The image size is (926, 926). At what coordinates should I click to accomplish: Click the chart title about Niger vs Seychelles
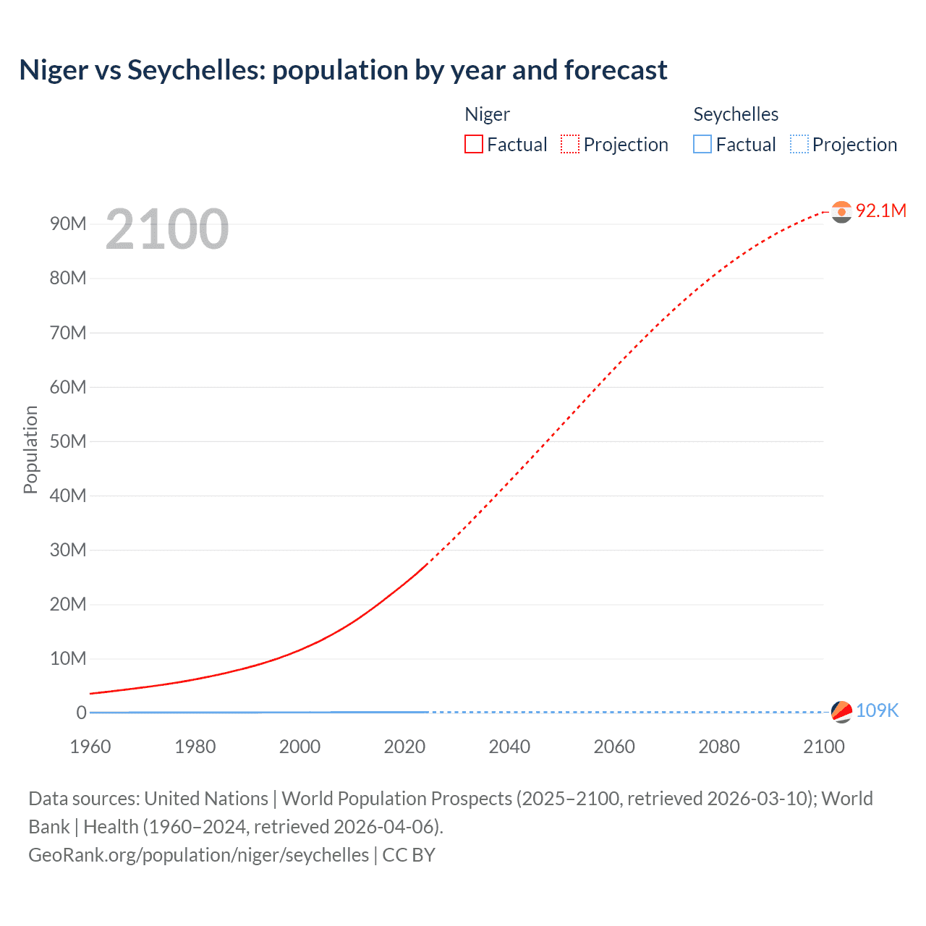coord(343,70)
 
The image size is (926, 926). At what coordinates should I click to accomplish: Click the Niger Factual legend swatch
coord(474,144)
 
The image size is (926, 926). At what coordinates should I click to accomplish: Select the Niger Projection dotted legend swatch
coord(570,144)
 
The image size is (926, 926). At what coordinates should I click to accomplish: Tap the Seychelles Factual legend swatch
coord(702,144)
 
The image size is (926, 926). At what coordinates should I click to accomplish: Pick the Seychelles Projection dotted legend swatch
coord(799,144)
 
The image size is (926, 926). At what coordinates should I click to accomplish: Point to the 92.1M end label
coord(880,211)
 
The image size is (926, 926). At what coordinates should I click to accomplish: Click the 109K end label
coord(877,710)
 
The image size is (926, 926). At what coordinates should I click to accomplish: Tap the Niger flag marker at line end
coord(841,212)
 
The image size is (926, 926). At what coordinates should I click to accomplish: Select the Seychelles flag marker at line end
coord(841,712)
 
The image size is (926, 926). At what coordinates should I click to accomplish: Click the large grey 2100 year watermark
coord(167,229)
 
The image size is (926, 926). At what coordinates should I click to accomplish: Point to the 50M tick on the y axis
coord(68,441)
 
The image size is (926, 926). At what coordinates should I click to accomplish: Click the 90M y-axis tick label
coord(68,224)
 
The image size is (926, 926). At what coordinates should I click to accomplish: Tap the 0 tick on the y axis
coord(81,713)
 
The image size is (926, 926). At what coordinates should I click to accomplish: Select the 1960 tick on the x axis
coord(90,747)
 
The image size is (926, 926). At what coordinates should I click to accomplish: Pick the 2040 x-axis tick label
coord(509,747)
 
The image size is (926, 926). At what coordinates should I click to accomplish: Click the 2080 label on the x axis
coord(719,747)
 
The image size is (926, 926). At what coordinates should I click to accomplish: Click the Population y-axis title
coord(30,449)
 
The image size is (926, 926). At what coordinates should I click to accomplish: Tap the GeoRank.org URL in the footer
coord(198,854)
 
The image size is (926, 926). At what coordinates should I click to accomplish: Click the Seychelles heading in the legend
coord(736,114)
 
